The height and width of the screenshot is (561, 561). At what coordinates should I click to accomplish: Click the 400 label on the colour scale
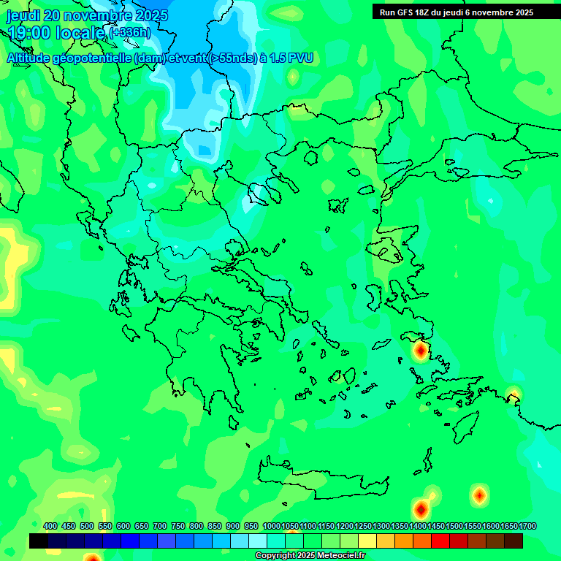coord(50,526)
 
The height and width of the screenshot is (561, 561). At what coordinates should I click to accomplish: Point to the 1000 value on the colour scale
coord(271,526)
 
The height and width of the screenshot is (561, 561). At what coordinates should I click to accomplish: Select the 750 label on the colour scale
coord(178,526)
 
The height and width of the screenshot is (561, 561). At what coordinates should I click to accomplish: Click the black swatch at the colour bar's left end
coord(39,541)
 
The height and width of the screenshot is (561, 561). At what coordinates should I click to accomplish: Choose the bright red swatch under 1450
coord(440,541)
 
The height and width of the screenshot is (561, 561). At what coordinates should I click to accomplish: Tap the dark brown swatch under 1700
coord(514,541)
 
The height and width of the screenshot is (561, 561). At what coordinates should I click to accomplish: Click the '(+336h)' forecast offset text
coord(129,33)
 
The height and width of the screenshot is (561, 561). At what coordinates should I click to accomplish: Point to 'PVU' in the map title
coord(301,58)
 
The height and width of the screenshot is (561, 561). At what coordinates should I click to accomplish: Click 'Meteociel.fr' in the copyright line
coord(337,556)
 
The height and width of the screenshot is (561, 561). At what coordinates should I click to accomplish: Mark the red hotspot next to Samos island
coord(420,352)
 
